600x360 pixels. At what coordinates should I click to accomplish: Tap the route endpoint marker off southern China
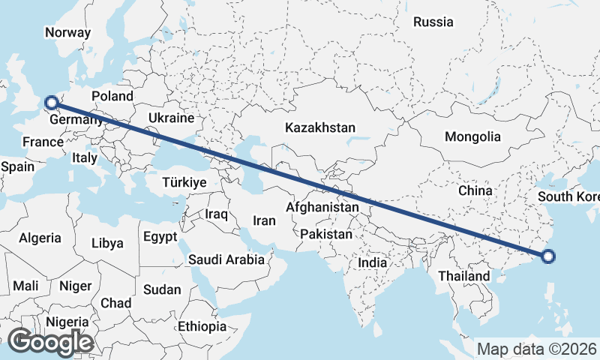point(548,256)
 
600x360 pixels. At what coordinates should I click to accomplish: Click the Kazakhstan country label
point(319,128)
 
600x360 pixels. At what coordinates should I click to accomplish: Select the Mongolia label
point(472,137)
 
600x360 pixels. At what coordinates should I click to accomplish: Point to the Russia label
point(433,22)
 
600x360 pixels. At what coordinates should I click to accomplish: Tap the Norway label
point(67,32)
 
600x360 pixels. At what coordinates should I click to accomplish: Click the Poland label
point(112,96)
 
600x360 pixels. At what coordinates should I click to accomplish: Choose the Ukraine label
point(171,118)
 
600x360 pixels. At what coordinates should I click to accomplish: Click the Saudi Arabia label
point(226,259)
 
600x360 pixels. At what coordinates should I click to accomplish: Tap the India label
point(372,263)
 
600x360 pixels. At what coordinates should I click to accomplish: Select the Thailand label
point(463,276)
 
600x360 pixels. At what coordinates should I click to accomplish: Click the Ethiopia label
point(202,326)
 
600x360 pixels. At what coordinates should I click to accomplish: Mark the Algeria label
point(40,238)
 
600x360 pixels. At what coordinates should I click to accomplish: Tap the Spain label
point(18,166)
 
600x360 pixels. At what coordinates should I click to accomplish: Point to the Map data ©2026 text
point(536,349)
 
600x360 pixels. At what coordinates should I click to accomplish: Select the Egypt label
point(160,237)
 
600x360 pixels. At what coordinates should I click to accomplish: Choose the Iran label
point(264,220)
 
